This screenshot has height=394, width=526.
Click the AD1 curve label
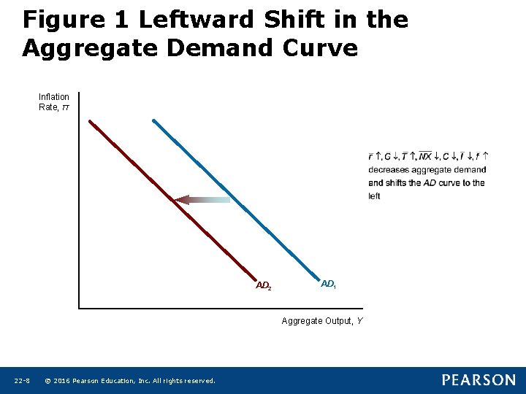click(x=328, y=283)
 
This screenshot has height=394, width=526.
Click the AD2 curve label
click(x=264, y=285)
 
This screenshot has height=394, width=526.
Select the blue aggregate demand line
click(x=234, y=197)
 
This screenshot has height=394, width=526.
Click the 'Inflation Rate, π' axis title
click(x=54, y=102)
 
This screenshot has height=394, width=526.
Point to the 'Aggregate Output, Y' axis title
click(x=322, y=321)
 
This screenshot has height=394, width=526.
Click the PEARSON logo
click(x=478, y=380)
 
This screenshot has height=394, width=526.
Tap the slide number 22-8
click(x=21, y=381)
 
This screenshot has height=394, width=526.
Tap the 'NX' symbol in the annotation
click(x=424, y=157)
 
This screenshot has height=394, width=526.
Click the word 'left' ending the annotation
click(x=374, y=196)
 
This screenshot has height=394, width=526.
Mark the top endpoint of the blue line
click(x=153, y=120)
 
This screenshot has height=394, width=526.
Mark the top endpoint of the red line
click(x=90, y=121)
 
